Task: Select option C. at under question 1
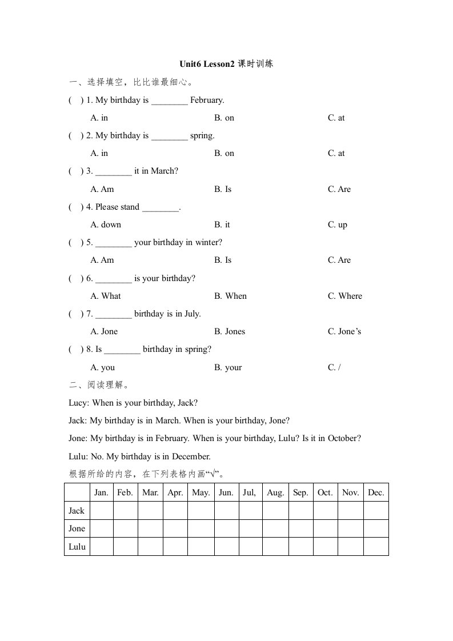[336, 118]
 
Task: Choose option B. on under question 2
[224, 153]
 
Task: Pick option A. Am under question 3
[102, 189]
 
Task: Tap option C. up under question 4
[337, 225]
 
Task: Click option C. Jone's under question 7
[344, 331]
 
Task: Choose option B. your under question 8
[228, 367]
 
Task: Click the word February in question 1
[207, 100]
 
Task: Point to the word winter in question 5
[206, 242]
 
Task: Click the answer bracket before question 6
[77, 278]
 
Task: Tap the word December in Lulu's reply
[191, 456]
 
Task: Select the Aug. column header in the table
[275, 492]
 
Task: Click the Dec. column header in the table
[376, 492]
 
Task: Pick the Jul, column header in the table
[250, 492]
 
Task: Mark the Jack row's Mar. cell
[150, 511]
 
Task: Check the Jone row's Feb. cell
[125, 528]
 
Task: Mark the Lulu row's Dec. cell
[376, 547]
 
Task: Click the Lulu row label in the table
[77, 547]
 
